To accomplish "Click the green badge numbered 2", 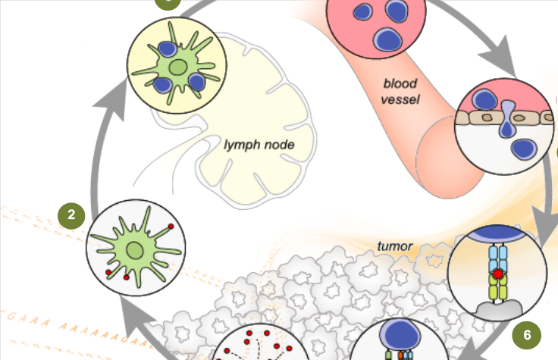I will [x=71, y=214].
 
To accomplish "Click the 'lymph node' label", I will [x=259, y=143].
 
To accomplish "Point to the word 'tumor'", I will [x=394, y=246].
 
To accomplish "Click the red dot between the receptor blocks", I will [x=497, y=273].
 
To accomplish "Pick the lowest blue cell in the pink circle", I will [x=387, y=38].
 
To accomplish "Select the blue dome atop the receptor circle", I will [x=497, y=236].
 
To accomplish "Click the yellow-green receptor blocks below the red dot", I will [x=497, y=289].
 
